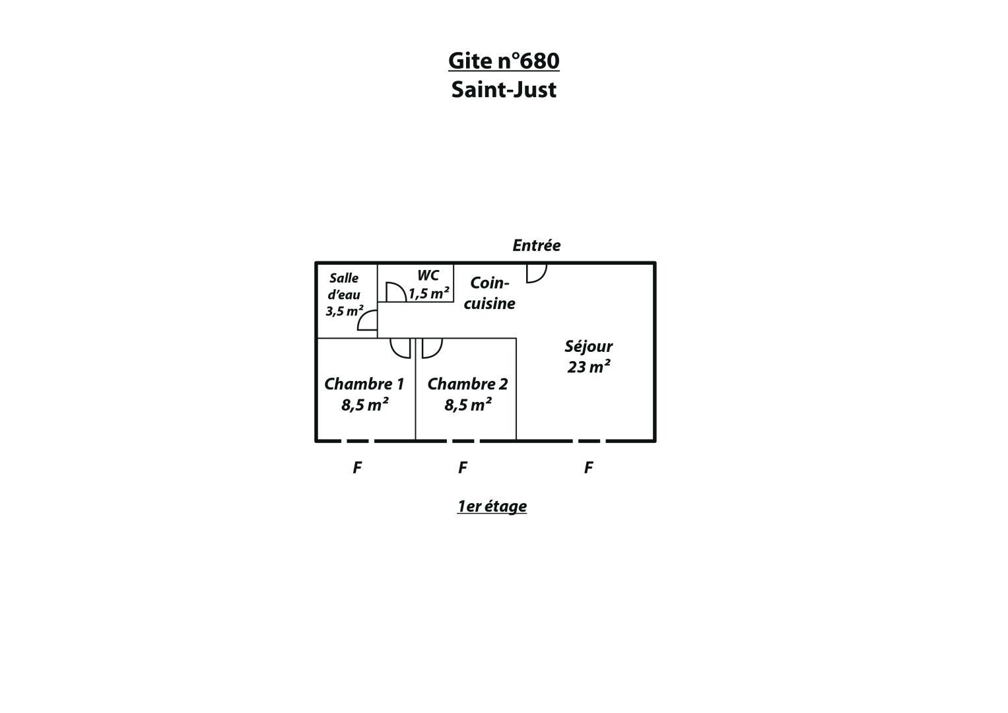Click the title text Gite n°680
point(504,61)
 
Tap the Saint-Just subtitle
point(504,89)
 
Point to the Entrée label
point(537,246)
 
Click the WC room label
point(428,275)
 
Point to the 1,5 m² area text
point(428,294)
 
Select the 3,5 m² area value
point(344,310)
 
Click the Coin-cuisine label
point(490,293)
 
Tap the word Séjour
point(589,346)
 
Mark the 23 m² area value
point(589,367)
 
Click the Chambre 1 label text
point(364,384)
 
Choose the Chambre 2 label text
point(467,384)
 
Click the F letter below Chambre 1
point(357,467)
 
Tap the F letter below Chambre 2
point(463,467)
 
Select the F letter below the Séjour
point(589,467)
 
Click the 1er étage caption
point(492,506)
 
